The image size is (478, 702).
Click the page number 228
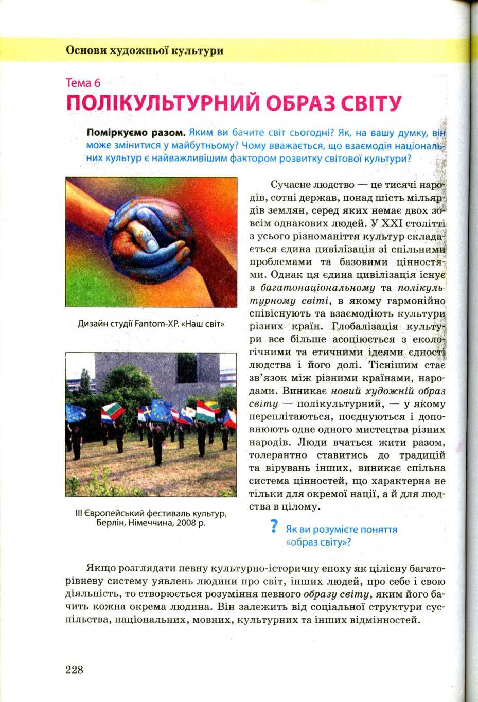(75, 669)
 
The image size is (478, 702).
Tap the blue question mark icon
(274, 527)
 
